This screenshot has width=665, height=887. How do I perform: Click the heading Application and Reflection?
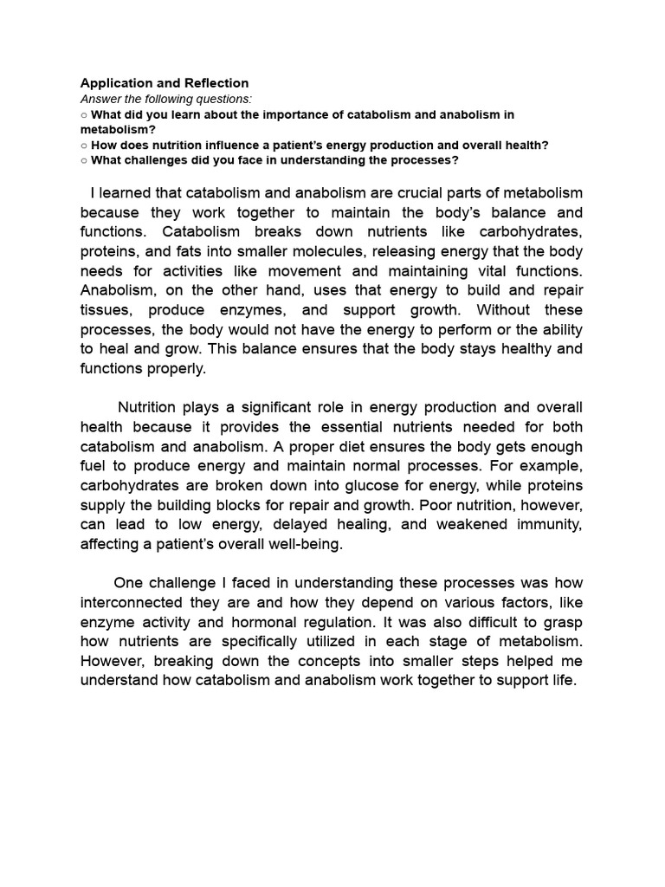point(165,83)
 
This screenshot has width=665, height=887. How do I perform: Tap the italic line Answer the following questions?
point(166,99)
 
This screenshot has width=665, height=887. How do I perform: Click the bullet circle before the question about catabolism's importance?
point(84,114)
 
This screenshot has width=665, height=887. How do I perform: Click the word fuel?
point(94,466)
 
